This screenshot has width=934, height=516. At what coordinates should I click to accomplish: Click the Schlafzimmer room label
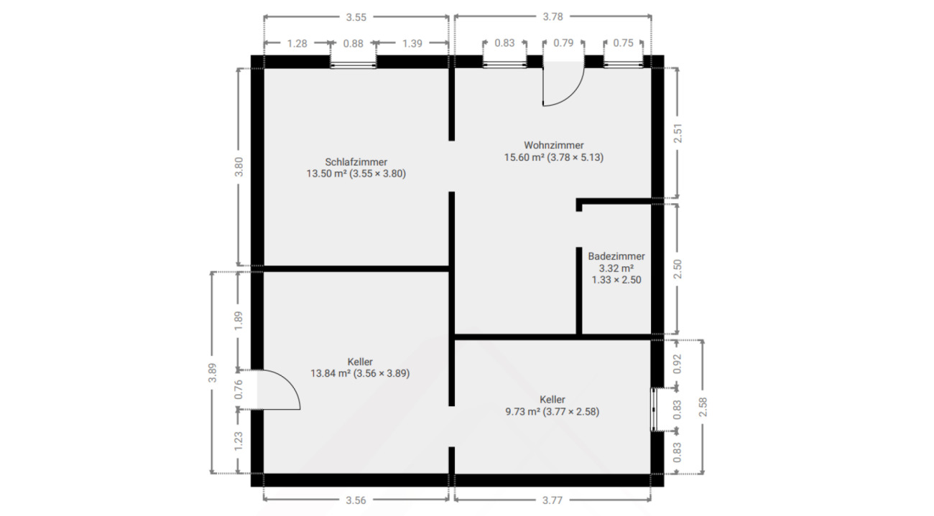356,162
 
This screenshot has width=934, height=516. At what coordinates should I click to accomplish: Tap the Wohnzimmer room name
554,146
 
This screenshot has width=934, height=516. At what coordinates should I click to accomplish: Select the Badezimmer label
616,256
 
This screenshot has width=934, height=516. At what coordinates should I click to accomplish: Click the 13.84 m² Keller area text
360,374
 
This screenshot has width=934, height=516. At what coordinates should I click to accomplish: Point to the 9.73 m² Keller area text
552,412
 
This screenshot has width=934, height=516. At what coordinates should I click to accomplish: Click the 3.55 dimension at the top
356,17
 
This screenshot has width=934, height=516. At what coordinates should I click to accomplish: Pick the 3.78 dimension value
553,17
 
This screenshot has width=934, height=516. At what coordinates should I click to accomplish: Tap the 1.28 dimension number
297,44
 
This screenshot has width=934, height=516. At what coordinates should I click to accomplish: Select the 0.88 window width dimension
353,44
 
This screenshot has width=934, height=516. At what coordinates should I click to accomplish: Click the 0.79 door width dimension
563,43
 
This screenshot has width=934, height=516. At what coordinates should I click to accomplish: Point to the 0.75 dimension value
624,43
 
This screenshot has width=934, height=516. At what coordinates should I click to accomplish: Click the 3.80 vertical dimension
239,166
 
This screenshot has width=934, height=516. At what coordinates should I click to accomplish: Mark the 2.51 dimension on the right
678,133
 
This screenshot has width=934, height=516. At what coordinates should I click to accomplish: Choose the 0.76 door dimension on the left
239,390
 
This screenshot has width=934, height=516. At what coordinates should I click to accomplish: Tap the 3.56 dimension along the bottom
356,500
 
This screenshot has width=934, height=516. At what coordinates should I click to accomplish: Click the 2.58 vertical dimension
703,407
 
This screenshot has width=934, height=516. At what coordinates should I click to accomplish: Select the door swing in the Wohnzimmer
572,94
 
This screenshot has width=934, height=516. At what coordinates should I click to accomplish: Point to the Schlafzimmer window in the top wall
353,65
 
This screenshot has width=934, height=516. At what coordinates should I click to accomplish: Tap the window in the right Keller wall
653,410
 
